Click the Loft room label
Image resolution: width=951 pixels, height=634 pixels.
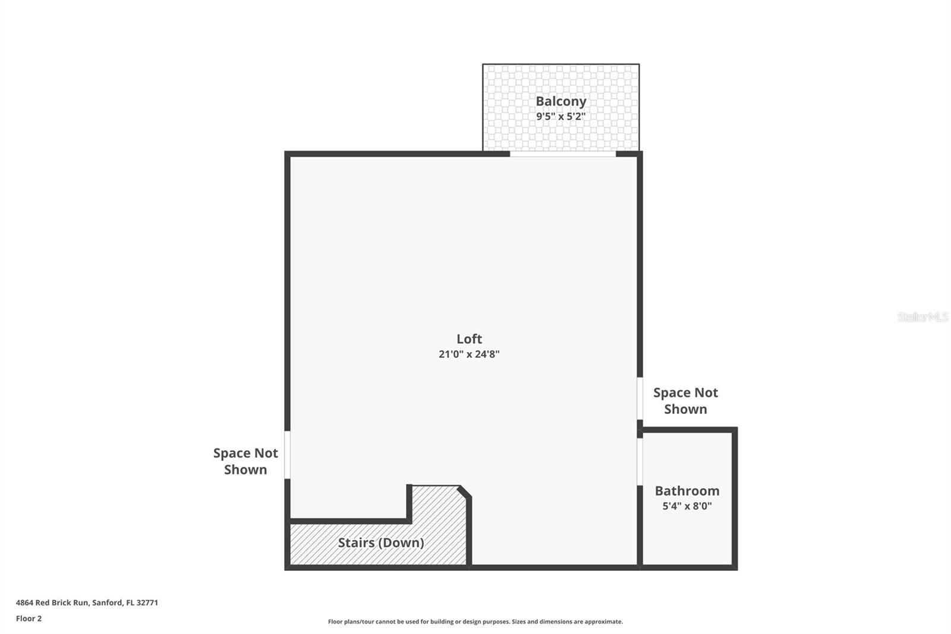pos(469,339)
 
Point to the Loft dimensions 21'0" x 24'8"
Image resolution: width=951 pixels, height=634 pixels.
pos(469,354)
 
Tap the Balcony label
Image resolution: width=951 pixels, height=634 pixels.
pos(560,101)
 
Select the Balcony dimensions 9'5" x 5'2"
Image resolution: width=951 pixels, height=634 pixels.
pos(560,117)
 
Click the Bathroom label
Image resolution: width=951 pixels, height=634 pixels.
pos(687,491)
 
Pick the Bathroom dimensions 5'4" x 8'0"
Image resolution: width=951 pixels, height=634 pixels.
pos(687,506)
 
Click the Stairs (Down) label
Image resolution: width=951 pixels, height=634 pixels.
pos(381,542)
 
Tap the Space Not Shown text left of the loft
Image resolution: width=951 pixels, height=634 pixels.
pos(245,461)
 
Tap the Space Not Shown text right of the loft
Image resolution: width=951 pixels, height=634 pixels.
pos(685,400)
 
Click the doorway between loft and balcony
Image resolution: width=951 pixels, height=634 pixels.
pos(562,154)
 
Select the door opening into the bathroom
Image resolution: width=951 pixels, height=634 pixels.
pos(640,462)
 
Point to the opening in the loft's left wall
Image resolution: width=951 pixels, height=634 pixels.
pos(288,454)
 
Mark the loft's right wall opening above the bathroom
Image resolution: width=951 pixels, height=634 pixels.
pos(640,398)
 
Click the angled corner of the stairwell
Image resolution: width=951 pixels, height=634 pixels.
pos(465,492)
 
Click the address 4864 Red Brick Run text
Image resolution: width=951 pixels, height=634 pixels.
pos(52,602)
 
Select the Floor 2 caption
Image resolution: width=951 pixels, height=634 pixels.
pos(29,619)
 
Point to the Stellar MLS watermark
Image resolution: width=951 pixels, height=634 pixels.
pos(922,317)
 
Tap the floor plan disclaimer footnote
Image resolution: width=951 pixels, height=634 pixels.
pos(475,622)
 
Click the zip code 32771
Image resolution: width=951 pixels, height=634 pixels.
pos(147,602)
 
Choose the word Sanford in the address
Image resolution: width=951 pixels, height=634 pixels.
pos(107,602)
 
